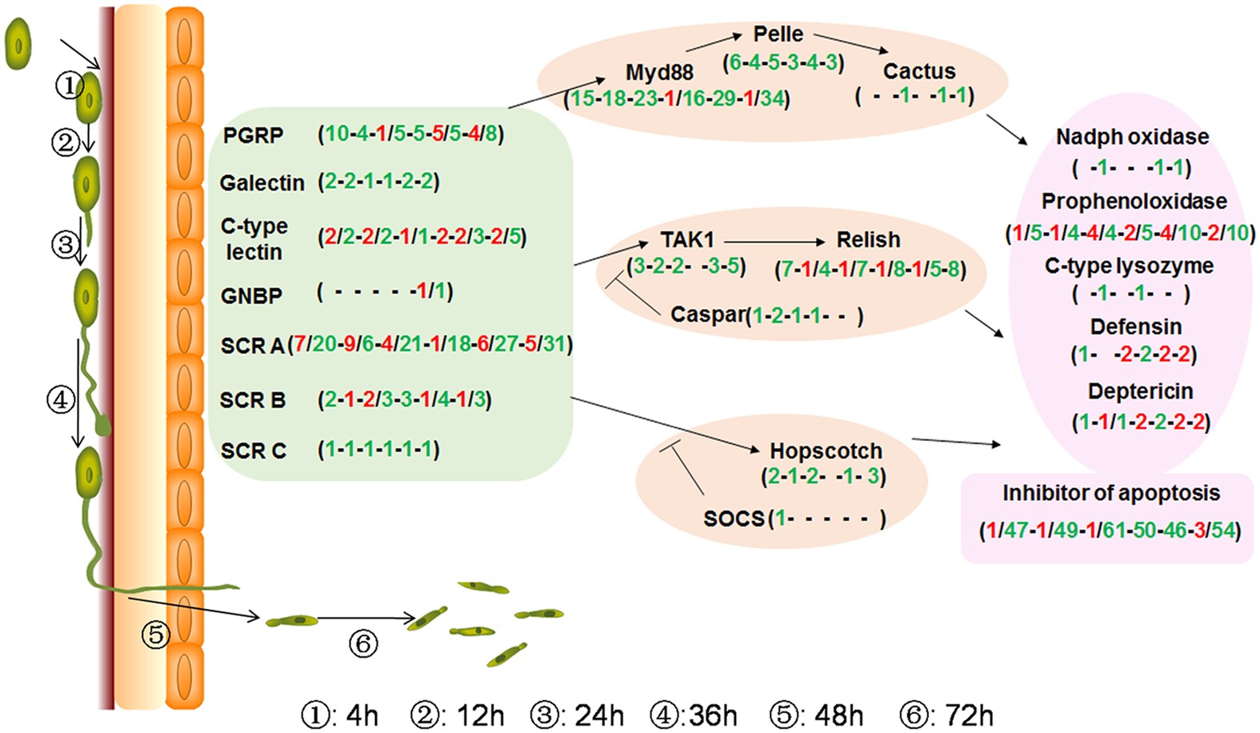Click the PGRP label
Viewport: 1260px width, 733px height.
pos(253,135)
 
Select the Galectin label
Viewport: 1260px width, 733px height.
pos(262,183)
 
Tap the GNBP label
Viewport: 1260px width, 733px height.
pos(251,296)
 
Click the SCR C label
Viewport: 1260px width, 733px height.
pos(253,451)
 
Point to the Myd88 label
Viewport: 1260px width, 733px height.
pos(659,73)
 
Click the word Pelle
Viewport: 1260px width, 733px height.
pos(778,34)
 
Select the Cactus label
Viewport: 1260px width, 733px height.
pos(918,71)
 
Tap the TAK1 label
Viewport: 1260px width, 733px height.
pos(687,239)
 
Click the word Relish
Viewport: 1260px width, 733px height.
pos(868,239)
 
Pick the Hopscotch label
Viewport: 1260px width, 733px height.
pos(826,451)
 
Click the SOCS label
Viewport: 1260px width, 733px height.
pos(734,519)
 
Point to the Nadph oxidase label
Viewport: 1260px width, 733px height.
pos(1131,137)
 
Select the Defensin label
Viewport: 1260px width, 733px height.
pos(1135,326)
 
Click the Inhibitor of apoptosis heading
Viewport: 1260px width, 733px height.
pos(1110,493)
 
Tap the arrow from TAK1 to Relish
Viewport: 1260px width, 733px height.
pos(774,241)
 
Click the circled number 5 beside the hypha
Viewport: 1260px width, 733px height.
pos(156,635)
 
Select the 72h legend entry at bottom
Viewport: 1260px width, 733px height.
pos(946,715)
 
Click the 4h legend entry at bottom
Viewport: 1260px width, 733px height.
pos(340,715)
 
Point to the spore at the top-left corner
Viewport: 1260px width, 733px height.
pos(18,44)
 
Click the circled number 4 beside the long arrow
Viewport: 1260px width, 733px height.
pos(61,399)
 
